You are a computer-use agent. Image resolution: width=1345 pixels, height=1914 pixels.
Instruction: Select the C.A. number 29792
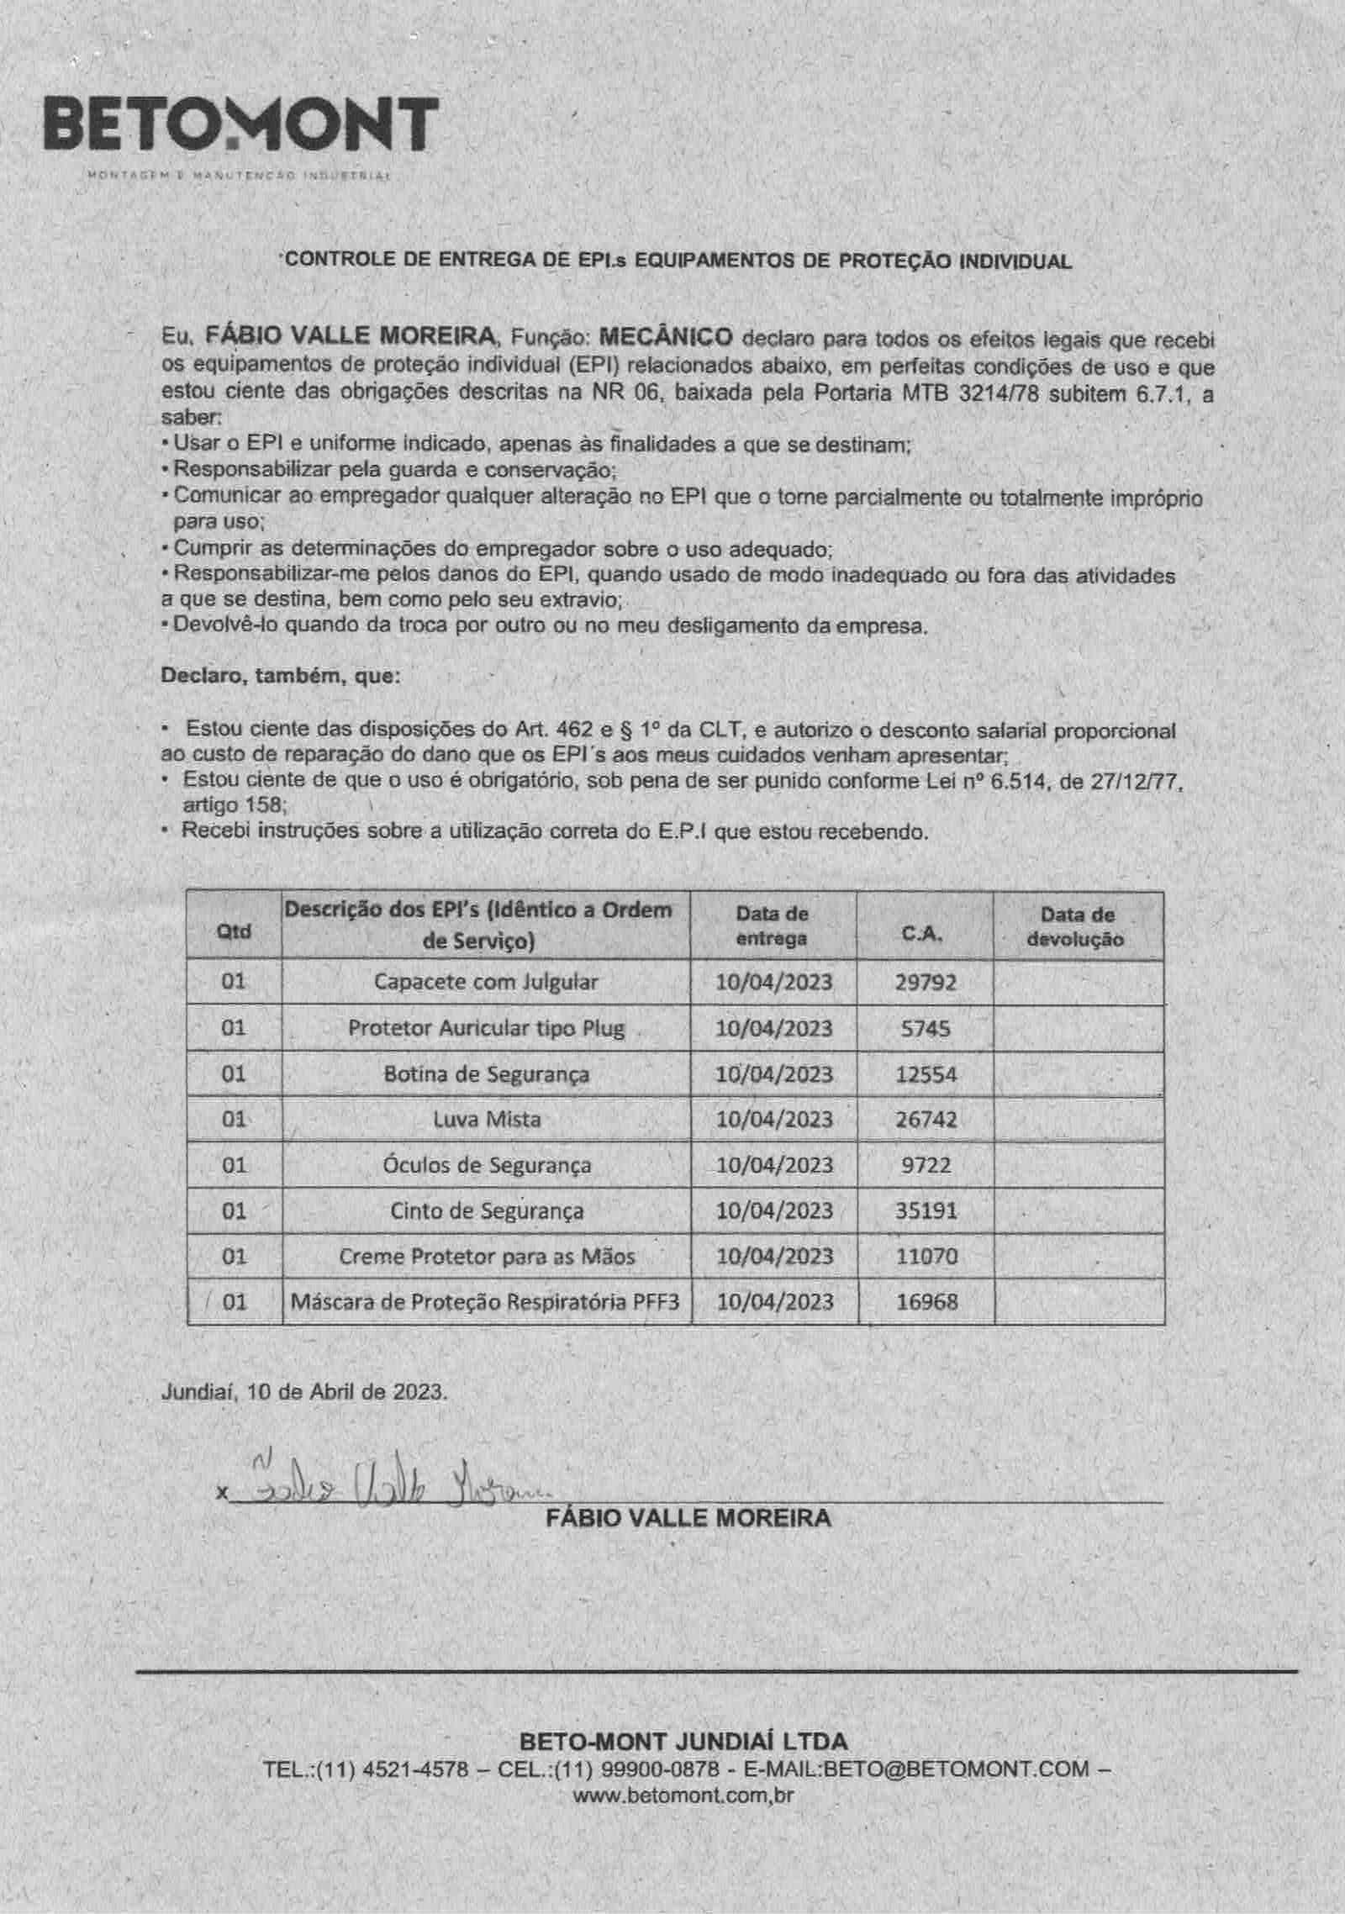926,982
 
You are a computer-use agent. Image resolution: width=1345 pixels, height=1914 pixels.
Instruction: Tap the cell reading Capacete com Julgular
486,982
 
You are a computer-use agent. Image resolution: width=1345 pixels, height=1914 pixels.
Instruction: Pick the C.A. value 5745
926,1028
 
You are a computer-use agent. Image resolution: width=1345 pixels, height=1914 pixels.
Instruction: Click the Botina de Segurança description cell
486,1073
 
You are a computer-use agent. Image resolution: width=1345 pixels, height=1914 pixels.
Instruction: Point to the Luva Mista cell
486,1119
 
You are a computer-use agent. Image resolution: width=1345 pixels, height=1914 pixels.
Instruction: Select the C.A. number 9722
926,1165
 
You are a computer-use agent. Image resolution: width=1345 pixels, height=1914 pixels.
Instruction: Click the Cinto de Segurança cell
486,1210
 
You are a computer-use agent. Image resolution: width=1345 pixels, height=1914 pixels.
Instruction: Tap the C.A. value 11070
926,1256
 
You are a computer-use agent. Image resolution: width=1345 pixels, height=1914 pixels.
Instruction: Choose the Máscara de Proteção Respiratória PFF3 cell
486,1302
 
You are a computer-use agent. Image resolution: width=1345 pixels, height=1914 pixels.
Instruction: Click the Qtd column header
234,931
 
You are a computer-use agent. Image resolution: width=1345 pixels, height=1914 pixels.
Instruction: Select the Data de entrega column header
772,925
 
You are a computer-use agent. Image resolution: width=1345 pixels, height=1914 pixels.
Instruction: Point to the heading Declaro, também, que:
275,675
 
